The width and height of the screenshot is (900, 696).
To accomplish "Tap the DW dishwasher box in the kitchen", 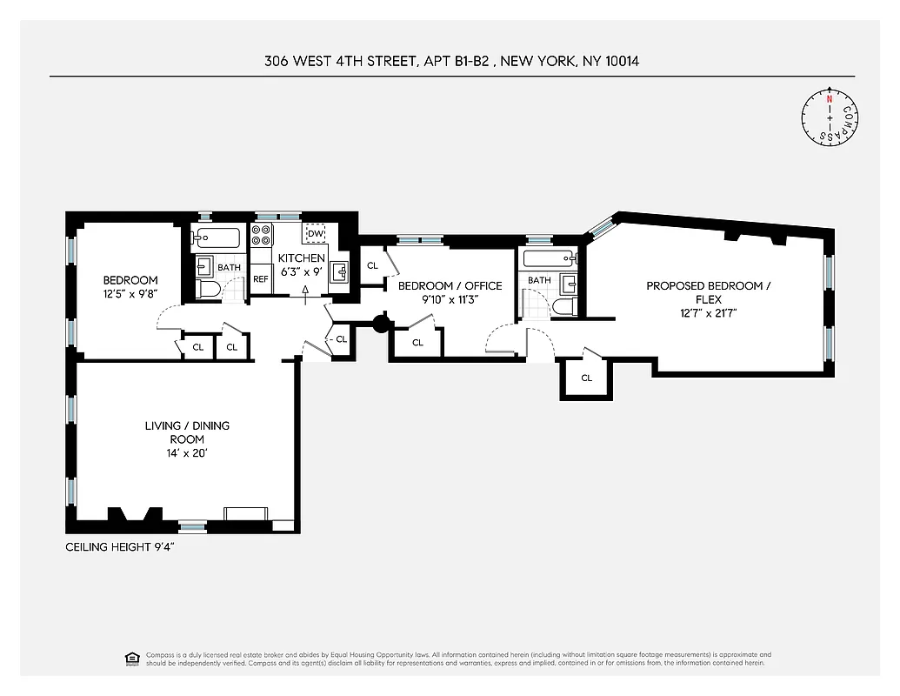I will pyautogui.click(x=316, y=234).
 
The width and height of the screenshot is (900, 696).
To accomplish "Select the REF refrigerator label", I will pyautogui.click(x=261, y=279).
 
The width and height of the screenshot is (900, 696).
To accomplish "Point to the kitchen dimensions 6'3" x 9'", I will pyautogui.click(x=301, y=272).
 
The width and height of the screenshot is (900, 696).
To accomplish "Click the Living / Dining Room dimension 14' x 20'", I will pyautogui.click(x=187, y=453).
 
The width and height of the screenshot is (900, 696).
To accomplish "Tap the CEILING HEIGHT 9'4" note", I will pyautogui.click(x=125, y=547).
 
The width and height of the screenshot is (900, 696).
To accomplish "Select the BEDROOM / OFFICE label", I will pyautogui.click(x=450, y=285).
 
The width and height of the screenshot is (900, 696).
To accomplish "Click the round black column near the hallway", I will pyautogui.click(x=381, y=324).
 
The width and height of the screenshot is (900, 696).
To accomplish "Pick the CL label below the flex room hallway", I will pyautogui.click(x=586, y=378).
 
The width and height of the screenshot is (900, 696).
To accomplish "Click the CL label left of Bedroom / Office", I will pyautogui.click(x=372, y=265).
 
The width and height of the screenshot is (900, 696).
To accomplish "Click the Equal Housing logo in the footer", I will pyautogui.click(x=131, y=658).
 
